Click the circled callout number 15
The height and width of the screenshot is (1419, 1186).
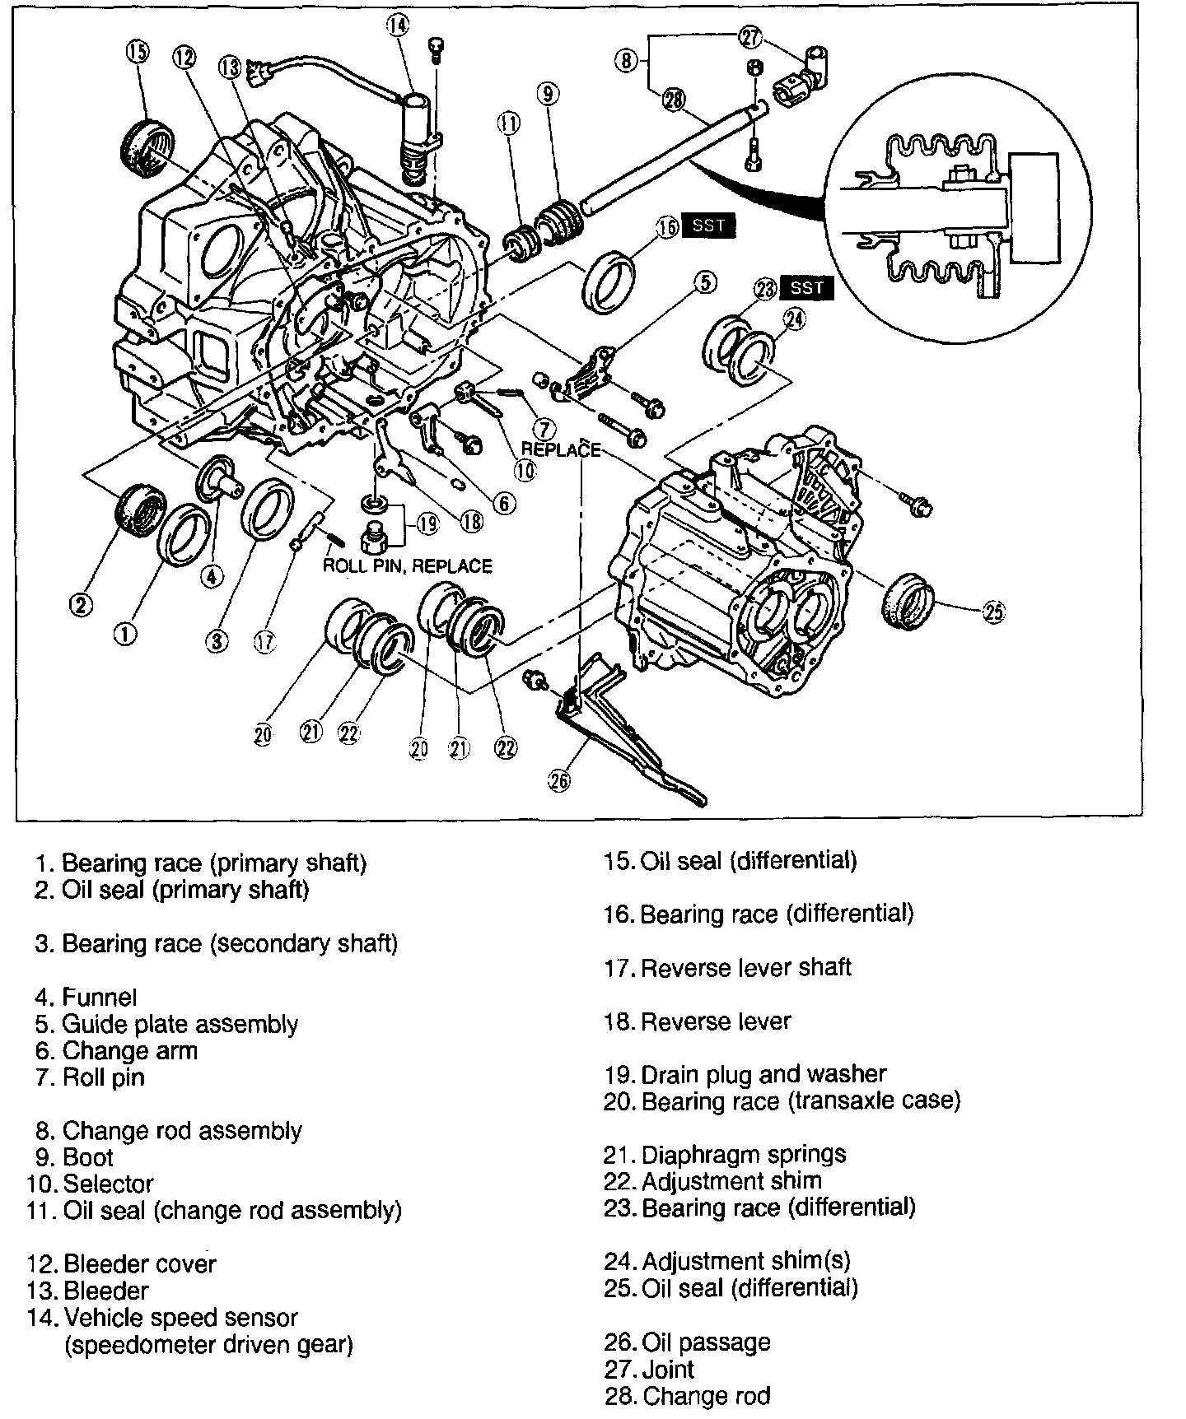pyautogui.click(x=137, y=52)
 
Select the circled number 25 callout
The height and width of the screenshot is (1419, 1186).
pyautogui.click(x=993, y=611)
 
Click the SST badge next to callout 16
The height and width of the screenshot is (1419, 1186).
pyautogui.click(x=708, y=226)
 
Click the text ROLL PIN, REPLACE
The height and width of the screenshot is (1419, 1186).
pyautogui.click(x=407, y=566)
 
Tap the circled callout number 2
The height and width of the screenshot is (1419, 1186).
pyautogui.click(x=80, y=605)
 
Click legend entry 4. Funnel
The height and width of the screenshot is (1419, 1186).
pyautogui.click(x=86, y=998)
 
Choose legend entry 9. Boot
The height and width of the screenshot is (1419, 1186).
pyautogui.click(x=76, y=1157)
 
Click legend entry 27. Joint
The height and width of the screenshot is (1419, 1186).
pyautogui.click(x=650, y=1370)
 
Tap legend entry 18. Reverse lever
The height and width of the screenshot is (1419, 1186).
pyautogui.click(x=698, y=1021)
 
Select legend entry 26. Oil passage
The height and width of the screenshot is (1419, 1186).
pyautogui.click(x=688, y=1342)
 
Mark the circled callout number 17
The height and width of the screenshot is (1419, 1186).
pyautogui.click(x=264, y=643)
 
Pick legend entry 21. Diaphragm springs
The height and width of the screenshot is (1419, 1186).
pyautogui.click(x=725, y=1154)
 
